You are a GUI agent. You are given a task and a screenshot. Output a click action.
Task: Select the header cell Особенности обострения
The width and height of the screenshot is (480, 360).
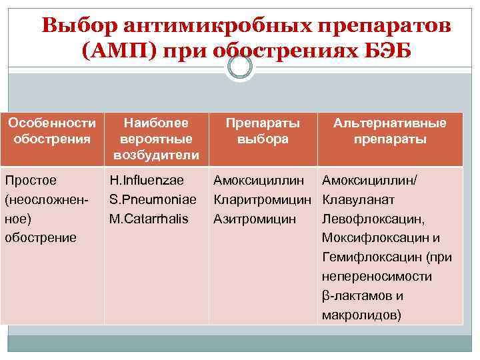[x=52, y=131]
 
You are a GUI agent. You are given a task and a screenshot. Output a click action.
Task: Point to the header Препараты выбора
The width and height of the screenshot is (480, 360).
[x=263, y=131]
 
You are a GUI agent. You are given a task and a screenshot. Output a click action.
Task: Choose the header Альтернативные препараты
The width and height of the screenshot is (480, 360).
[x=390, y=131]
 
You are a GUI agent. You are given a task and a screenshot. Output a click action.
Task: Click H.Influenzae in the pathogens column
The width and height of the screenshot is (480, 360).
[x=147, y=180]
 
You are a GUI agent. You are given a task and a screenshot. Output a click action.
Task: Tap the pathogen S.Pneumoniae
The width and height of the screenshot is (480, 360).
[x=153, y=199]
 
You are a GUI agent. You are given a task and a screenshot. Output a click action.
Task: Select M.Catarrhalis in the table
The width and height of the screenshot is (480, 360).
[x=149, y=219]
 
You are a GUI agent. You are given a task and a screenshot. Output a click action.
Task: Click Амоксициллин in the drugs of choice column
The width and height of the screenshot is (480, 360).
[x=261, y=180]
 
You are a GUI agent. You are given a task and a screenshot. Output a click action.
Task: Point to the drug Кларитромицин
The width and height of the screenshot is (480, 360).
[x=263, y=199]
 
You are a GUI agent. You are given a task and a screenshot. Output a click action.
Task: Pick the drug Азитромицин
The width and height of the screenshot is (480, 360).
[x=255, y=219]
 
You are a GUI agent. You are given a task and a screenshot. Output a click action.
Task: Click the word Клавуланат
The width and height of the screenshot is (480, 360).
[x=358, y=199]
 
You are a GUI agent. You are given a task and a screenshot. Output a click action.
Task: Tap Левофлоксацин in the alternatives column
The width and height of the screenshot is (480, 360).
[x=372, y=219]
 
